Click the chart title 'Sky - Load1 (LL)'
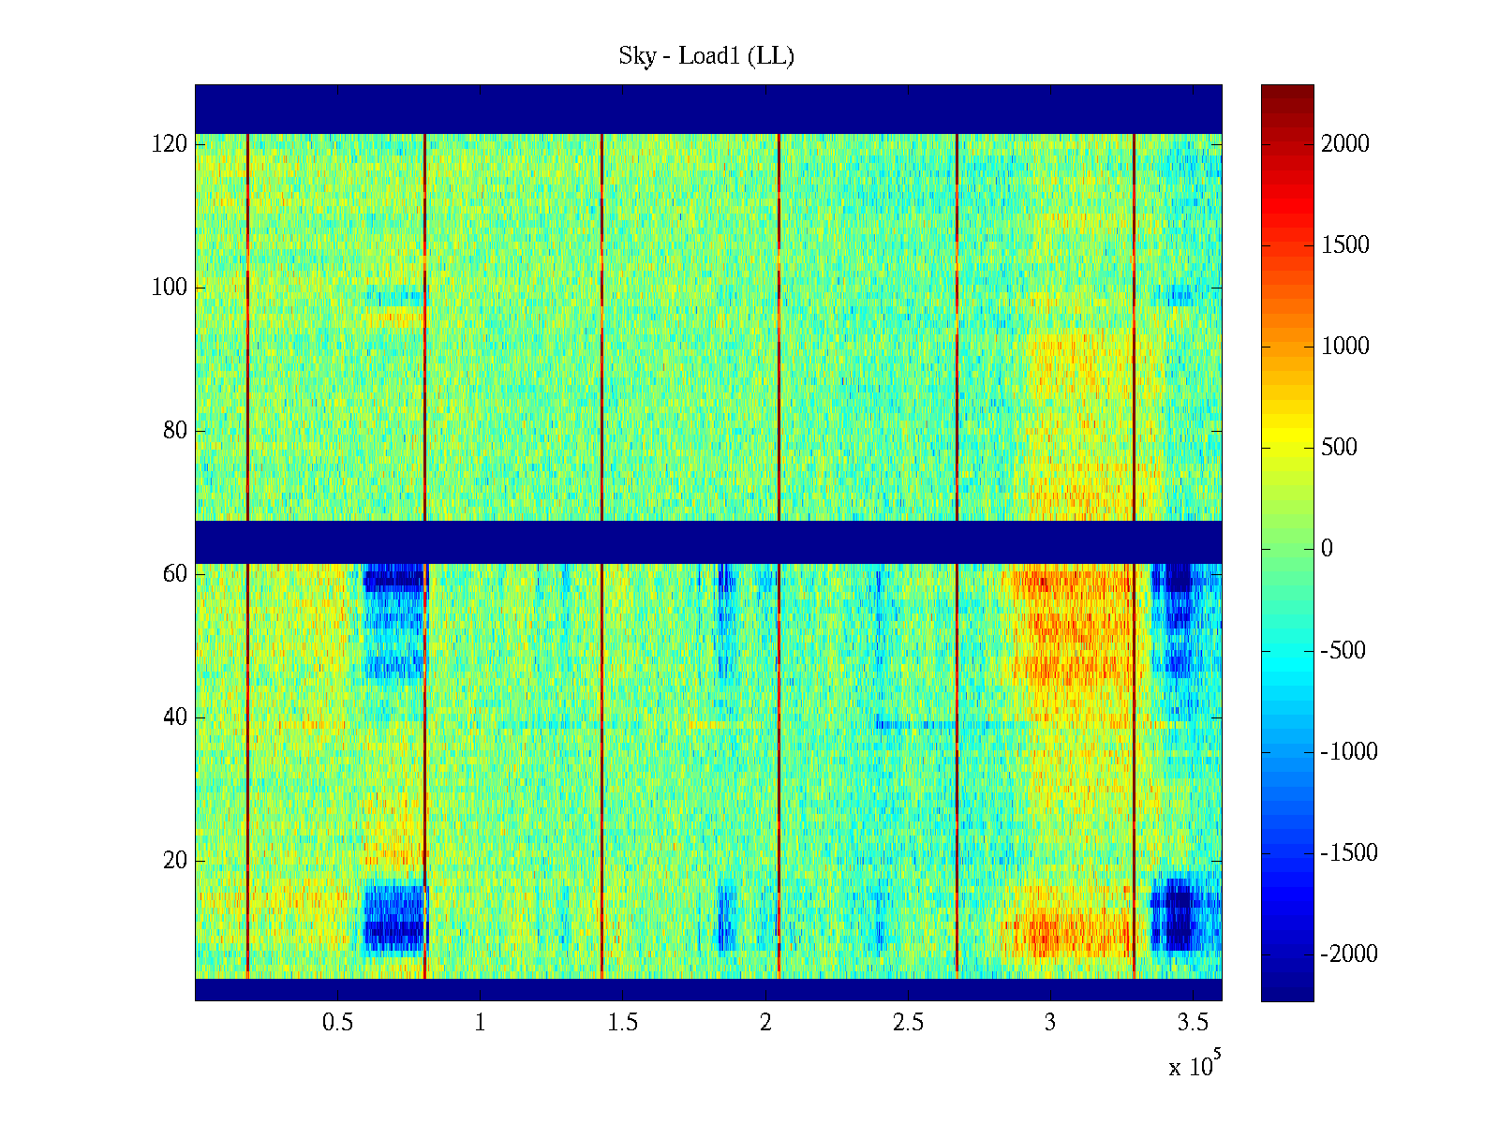click(706, 56)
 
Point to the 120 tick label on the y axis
click(169, 144)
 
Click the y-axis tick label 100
click(169, 288)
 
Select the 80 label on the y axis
click(174, 431)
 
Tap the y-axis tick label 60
click(174, 574)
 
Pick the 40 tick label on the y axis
click(174, 717)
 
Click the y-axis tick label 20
click(174, 861)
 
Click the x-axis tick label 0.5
click(337, 1023)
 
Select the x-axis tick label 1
click(480, 1023)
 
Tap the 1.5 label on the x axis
click(622, 1023)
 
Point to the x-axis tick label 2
click(765, 1023)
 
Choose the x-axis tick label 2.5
click(908, 1023)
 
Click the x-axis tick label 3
click(1050, 1023)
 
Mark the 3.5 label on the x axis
click(1193, 1023)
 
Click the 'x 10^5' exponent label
click(1195, 1065)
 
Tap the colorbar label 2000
click(1344, 143)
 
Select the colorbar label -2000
click(1349, 954)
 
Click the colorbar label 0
click(1327, 549)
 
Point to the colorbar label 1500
click(1344, 245)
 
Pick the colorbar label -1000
click(1349, 752)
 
